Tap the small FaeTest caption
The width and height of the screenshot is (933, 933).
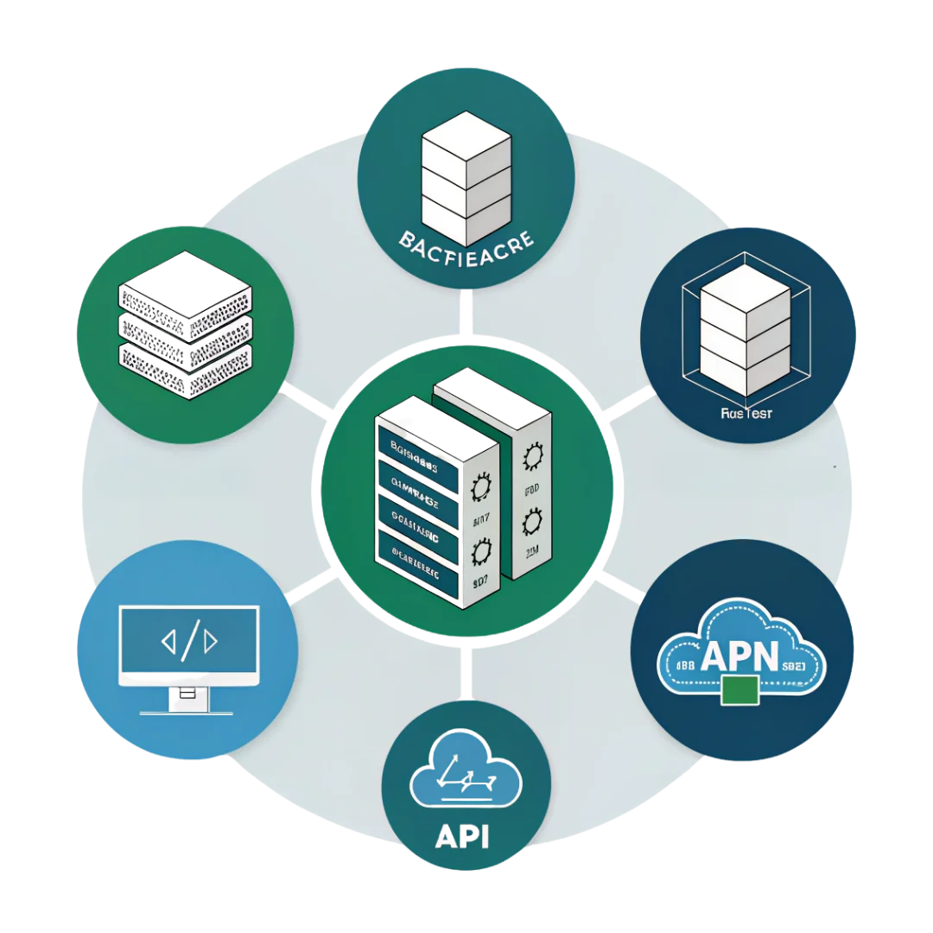[x=746, y=412]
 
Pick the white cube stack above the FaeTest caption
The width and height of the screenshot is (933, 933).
[x=745, y=329]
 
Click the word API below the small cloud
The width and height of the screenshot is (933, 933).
[x=465, y=835]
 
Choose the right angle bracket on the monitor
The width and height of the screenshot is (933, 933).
[x=211, y=641]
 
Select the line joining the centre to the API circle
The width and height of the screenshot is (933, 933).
[x=466, y=670]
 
